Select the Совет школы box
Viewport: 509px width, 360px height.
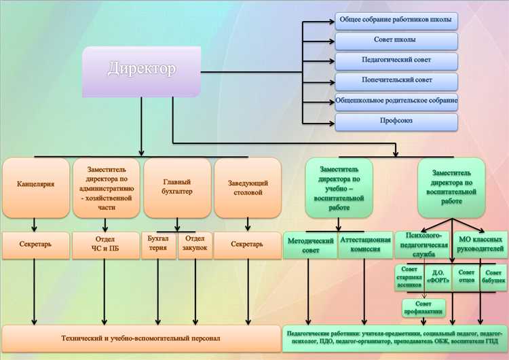tap(396, 40)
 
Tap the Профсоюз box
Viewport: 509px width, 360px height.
tap(396, 122)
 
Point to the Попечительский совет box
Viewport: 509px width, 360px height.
tap(396, 81)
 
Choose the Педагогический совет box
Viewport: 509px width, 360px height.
tap(396, 60)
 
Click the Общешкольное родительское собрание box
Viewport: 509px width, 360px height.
tap(396, 101)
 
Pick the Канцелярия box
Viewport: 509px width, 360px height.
tap(35, 184)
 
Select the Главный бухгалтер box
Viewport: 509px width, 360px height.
tap(177, 187)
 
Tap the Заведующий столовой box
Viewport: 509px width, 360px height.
tap(247, 187)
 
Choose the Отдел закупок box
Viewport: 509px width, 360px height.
tap(195, 243)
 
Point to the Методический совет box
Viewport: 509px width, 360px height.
tap(309, 245)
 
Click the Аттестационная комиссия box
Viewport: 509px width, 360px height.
tap(365, 245)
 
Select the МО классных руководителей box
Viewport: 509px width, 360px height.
tap(480, 245)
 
